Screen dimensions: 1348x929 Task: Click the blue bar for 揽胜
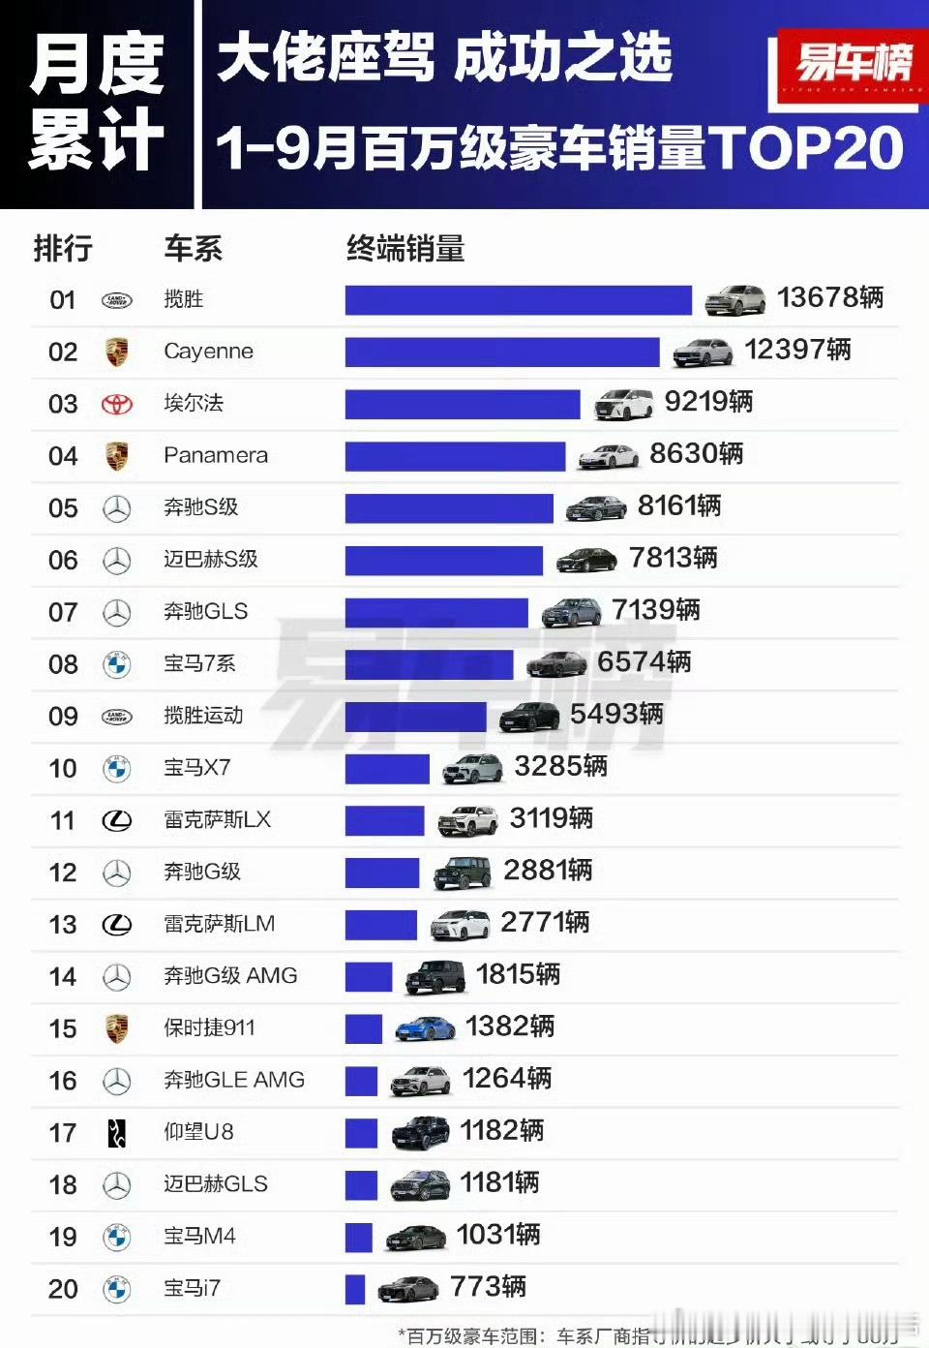click(518, 299)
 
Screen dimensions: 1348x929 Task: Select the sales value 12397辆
click(797, 350)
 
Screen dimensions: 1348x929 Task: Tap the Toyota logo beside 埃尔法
click(117, 404)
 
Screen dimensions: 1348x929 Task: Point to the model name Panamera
click(216, 455)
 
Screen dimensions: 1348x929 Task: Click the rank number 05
click(63, 508)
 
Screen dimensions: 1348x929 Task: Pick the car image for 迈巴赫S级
click(586, 559)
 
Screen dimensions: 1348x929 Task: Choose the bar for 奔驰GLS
click(436, 612)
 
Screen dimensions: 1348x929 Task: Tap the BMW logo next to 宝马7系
click(117, 664)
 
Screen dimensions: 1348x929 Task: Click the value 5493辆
click(616, 714)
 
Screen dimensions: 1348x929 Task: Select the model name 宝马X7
click(197, 768)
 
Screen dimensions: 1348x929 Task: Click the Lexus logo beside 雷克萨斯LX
click(117, 821)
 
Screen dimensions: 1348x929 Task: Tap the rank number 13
click(63, 925)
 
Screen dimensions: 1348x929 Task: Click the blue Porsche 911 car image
click(426, 1028)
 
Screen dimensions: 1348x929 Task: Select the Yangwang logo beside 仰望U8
click(117, 1132)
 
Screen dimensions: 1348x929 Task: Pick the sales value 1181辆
click(499, 1182)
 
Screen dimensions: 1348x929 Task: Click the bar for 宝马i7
click(355, 1289)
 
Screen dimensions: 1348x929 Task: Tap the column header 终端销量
click(405, 249)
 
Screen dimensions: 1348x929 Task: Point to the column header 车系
click(193, 249)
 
